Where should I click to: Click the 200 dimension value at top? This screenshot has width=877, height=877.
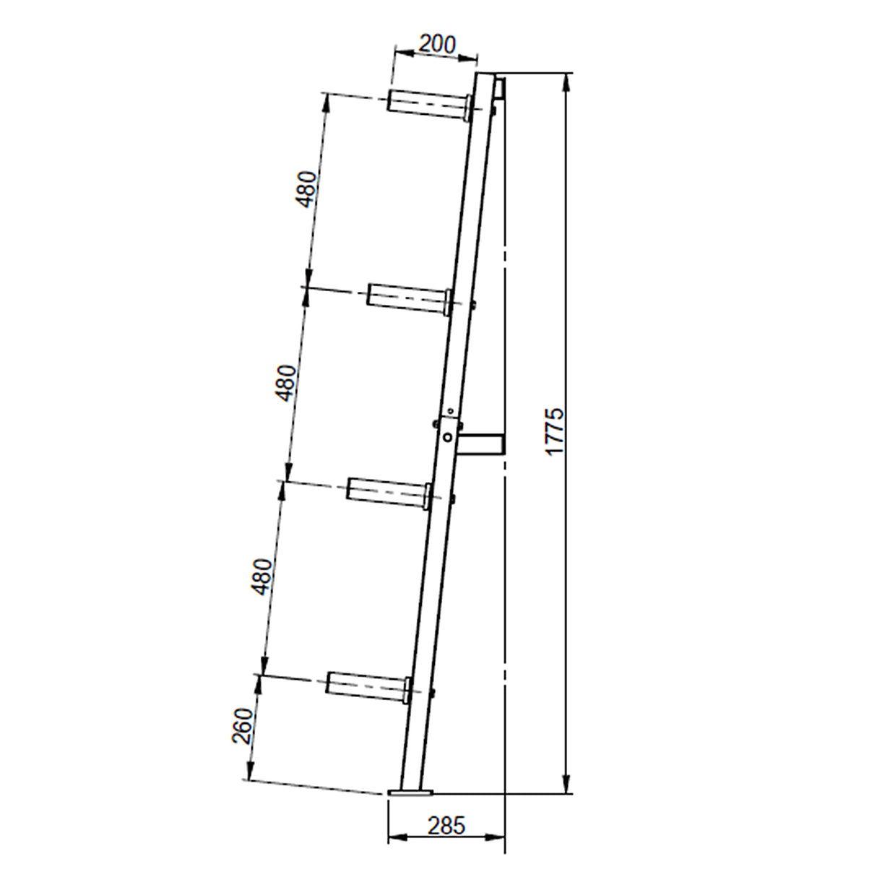tap(438, 45)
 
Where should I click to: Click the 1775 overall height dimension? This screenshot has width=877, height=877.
tap(554, 431)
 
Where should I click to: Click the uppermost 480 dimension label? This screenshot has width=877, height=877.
tap(306, 189)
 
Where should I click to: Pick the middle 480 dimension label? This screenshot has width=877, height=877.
tap(285, 383)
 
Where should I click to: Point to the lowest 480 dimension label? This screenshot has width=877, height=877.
tap(263, 576)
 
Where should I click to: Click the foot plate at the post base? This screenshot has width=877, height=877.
tap(410, 793)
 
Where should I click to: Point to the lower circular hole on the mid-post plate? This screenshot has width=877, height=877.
tap(449, 437)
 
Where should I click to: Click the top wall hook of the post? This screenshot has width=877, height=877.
tap(499, 90)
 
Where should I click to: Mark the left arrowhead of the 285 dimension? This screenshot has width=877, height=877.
tap(394, 838)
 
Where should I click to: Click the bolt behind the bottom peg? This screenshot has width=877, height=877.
tap(432, 694)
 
